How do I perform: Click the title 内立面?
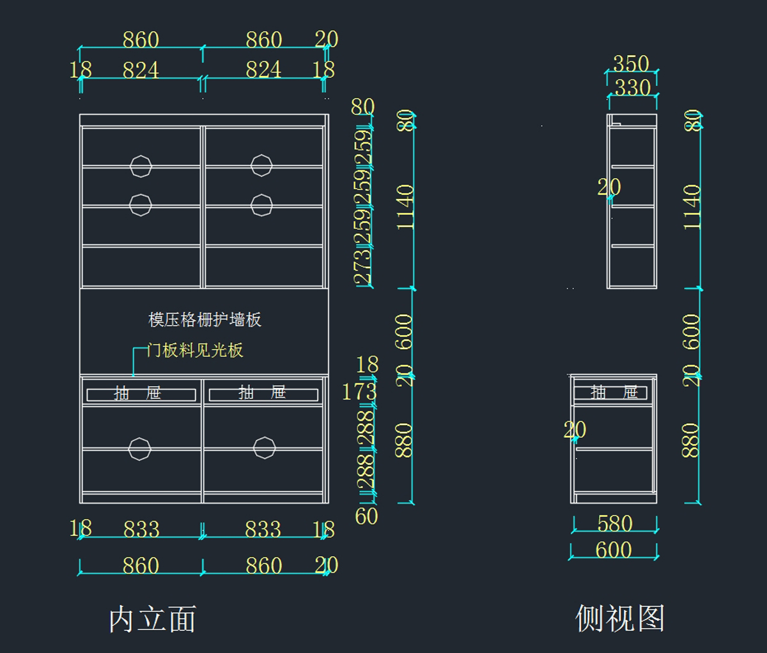tap(152, 619)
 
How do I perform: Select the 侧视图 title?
tap(619, 618)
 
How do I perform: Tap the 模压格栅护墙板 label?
tap(205, 319)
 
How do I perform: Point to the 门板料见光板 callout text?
tap(195, 350)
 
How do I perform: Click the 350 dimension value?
tap(631, 64)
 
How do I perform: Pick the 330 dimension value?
tap(633, 87)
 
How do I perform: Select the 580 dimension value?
tap(615, 523)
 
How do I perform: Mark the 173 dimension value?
tap(359, 391)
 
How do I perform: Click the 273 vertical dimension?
tap(362, 267)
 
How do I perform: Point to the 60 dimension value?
tap(366, 516)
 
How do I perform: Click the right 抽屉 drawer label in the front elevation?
tap(262, 393)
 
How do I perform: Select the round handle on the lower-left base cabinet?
tap(139, 448)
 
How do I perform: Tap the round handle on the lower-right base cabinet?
tap(264, 447)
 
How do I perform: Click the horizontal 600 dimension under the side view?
tap(613, 550)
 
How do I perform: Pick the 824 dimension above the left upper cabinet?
tap(141, 70)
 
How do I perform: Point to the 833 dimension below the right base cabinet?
tap(263, 529)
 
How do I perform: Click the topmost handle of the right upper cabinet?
tap(261, 165)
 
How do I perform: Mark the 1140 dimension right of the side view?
tap(692, 207)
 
